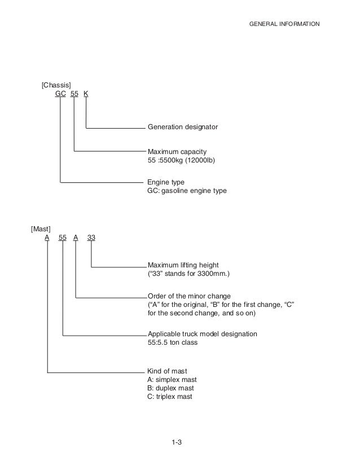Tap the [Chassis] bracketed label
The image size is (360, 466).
(x=56, y=85)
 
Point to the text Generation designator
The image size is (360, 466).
(x=182, y=128)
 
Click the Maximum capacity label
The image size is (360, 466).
(x=177, y=152)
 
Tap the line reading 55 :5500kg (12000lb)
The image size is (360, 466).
(x=181, y=161)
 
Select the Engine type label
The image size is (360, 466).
(x=166, y=183)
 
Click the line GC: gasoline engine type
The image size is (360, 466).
(x=187, y=191)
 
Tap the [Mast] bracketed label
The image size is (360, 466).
(x=41, y=228)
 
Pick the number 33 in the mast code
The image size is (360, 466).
(x=91, y=238)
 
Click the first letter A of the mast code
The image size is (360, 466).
(x=47, y=238)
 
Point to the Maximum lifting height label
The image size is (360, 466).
(x=183, y=265)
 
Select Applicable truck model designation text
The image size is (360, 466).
(x=202, y=334)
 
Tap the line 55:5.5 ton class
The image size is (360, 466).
(x=173, y=342)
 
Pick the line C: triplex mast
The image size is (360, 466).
(x=170, y=397)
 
